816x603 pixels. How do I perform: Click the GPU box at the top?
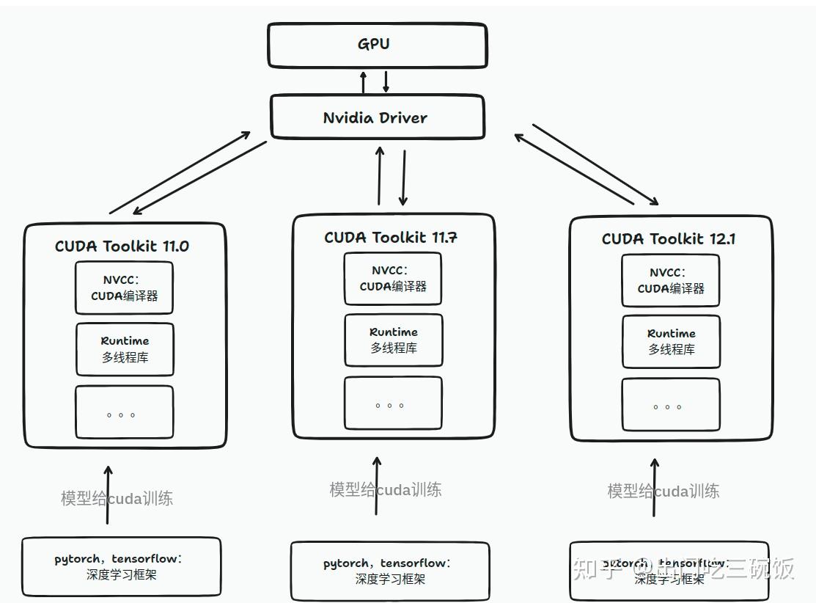377,45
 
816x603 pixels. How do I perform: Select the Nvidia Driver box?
377,117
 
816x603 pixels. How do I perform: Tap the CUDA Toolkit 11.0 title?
122,246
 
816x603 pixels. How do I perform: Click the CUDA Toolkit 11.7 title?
391,237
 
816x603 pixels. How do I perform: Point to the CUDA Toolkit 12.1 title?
669,238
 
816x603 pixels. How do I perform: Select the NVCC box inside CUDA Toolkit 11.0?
125,288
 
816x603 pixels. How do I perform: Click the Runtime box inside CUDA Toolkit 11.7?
394,340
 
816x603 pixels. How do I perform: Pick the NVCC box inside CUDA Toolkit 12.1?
671,280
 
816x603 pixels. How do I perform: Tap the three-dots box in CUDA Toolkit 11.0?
125,412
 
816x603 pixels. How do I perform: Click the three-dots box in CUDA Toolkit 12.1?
671,404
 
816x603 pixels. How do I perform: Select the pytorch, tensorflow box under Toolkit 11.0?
121,566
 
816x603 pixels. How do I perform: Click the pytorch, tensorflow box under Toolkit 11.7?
390,571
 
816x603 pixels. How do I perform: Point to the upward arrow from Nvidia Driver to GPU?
363,82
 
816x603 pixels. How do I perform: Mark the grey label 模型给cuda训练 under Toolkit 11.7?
386,489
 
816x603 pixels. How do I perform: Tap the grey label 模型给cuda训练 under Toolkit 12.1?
663,491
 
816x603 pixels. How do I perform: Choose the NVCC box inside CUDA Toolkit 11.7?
393,279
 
